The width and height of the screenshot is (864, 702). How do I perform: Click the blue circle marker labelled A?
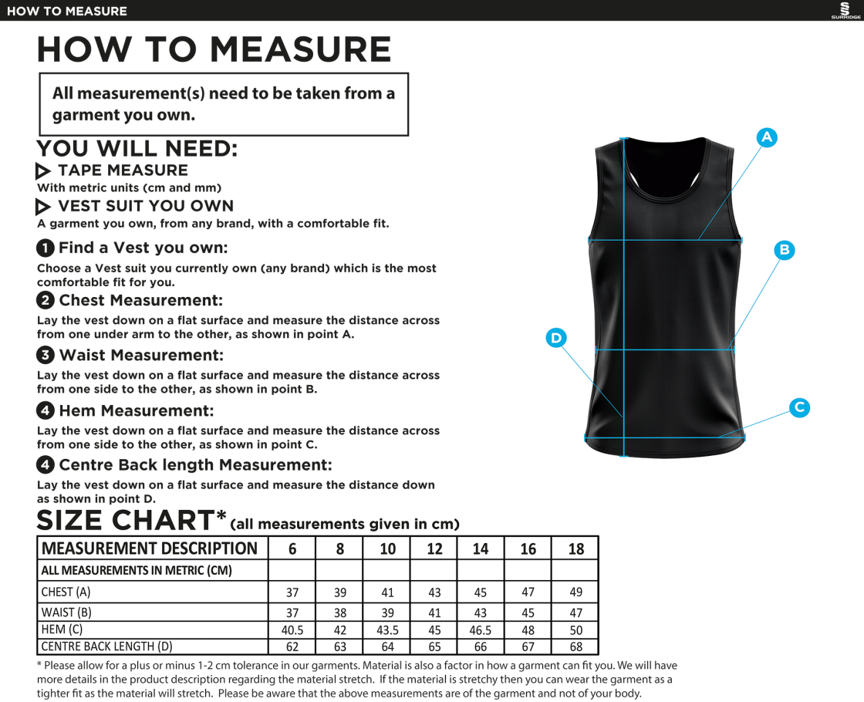766,137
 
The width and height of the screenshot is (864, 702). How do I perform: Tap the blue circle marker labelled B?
784,250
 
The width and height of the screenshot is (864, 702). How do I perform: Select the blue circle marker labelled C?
799,407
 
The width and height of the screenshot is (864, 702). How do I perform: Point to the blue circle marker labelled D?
555,338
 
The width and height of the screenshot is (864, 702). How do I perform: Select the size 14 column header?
481,548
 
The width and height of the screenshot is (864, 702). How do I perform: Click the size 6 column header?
292,548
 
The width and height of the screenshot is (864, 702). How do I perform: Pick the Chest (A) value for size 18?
575,592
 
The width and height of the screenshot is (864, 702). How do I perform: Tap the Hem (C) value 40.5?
292,630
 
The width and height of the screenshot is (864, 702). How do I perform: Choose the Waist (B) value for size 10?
387,612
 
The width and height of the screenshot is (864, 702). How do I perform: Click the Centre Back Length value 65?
434,647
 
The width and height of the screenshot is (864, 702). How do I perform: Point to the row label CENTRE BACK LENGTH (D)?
106,647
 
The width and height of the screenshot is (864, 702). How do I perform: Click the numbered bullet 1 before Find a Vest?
46,248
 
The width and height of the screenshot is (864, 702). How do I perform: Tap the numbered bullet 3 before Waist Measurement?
46,356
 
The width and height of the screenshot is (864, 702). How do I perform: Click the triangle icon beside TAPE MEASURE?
43,171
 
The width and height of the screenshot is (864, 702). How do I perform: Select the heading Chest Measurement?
140,301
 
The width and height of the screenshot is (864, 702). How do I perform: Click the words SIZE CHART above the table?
127,521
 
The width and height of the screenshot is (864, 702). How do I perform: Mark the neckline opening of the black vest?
665,158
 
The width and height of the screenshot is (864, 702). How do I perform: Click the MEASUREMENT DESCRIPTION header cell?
150,548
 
